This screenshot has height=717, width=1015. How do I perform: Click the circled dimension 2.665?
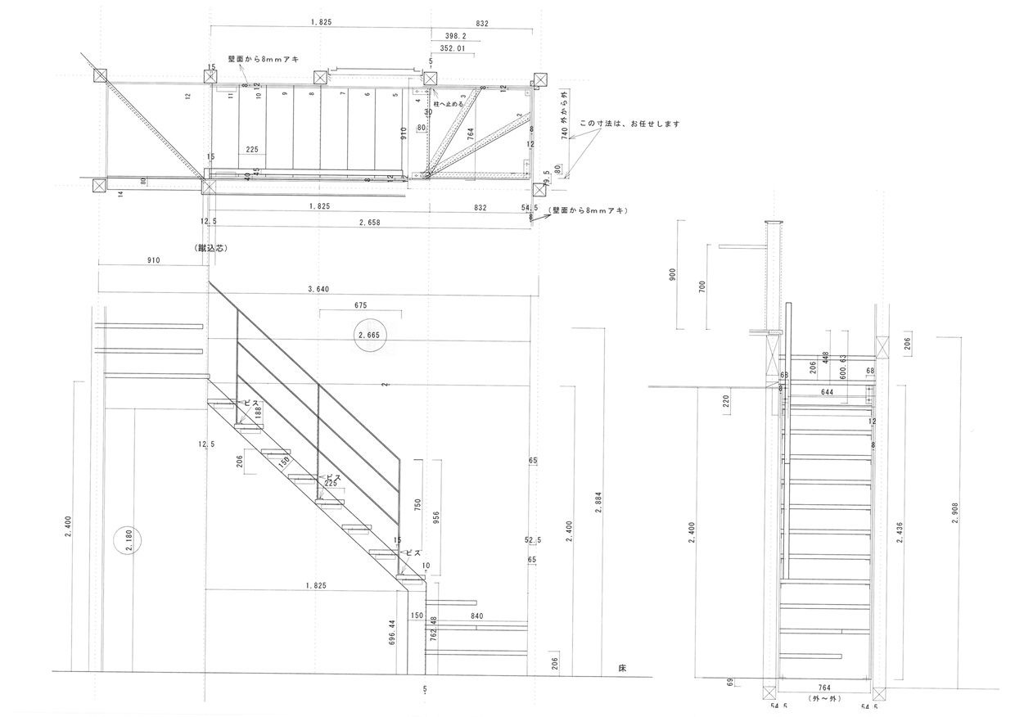(x=369, y=336)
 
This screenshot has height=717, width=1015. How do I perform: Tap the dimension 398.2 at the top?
(x=455, y=37)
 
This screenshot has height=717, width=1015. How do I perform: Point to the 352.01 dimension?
(x=458, y=49)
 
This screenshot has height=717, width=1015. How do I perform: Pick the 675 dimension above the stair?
(x=360, y=305)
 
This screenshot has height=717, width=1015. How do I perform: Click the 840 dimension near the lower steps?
(x=477, y=616)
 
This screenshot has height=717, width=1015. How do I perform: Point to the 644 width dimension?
(x=828, y=393)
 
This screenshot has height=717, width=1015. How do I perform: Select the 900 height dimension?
(x=674, y=275)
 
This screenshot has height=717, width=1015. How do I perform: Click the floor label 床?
(x=622, y=668)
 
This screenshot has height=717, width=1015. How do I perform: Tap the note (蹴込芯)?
(x=211, y=246)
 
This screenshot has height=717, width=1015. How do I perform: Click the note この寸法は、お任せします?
(x=630, y=124)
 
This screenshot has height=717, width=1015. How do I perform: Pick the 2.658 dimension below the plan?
(x=371, y=222)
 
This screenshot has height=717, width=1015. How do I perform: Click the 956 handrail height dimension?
(x=436, y=516)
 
